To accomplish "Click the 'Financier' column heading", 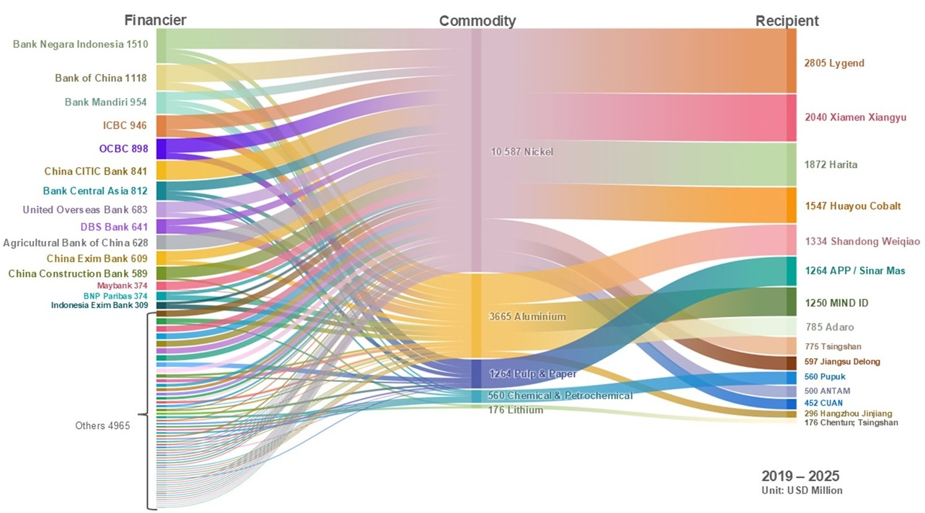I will click(x=155, y=20).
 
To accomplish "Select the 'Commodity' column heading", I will click(x=477, y=21).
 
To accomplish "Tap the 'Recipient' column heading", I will click(x=787, y=21).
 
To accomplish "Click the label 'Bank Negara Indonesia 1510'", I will click(x=81, y=44).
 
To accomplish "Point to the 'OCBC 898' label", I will click(x=123, y=148).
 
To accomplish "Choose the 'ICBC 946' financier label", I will click(x=125, y=125).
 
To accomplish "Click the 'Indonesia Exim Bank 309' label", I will click(x=99, y=306).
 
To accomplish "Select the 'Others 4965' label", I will click(x=102, y=425).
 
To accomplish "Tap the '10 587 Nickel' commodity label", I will click(x=522, y=152).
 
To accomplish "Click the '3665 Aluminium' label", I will click(x=527, y=317).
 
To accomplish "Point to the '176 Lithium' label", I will click(x=516, y=410).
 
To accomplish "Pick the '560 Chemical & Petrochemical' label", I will click(x=560, y=396).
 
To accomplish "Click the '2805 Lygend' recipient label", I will click(x=834, y=63).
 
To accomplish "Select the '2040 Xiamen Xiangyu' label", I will click(x=856, y=117).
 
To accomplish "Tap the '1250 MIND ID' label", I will click(x=836, y=303).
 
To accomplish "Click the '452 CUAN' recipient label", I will click(x=823, y=403).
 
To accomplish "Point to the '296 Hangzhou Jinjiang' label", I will click(x=848, y=414).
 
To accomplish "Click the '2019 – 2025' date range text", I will click(x=800, y=476).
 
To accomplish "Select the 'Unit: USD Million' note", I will click(x=802, y=491).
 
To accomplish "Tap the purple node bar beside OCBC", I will click(x=161, y=148).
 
